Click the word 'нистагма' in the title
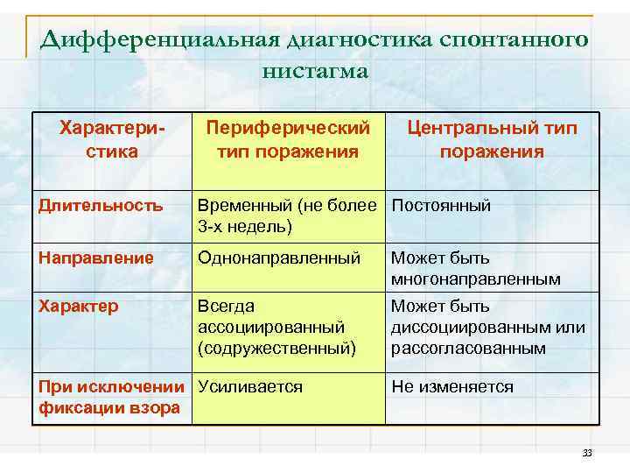coord(315,71)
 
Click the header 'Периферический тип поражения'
coord(288,140)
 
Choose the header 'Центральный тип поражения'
coord(492,140)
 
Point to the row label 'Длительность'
coord(101,206)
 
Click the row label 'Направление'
coord(96,258)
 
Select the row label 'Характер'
coord(80,307)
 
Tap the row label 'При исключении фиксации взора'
coord(112,397)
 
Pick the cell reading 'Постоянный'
coord(441,206)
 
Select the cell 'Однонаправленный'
coord(279,258)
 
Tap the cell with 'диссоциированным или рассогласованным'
coord(487,328)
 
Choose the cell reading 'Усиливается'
coord(250,386)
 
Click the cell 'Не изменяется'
coord(452,386)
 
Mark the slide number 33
coord(587,453)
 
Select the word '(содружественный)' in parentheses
coord(277,349)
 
